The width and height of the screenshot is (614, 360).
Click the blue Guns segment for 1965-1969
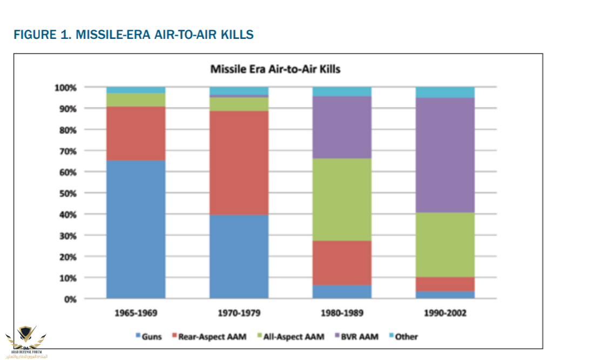coord(136,229)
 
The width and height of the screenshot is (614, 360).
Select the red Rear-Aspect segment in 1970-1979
coord(239,162)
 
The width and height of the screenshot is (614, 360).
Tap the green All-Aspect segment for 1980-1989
coord(342,199)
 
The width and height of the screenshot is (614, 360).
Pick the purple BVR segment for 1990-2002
coord(445,155)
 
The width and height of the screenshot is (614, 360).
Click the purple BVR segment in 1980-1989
coord(342,127)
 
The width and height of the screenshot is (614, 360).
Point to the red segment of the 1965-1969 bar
coord(136,133)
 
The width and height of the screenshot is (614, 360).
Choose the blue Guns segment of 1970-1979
coord(239,256)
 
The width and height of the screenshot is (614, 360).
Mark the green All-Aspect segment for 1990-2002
coord(445,244)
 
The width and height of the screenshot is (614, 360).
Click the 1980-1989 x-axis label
coord(342,313)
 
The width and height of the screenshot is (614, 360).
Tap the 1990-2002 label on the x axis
coord(445,313)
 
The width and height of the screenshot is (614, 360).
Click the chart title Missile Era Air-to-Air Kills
coord(275,69)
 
